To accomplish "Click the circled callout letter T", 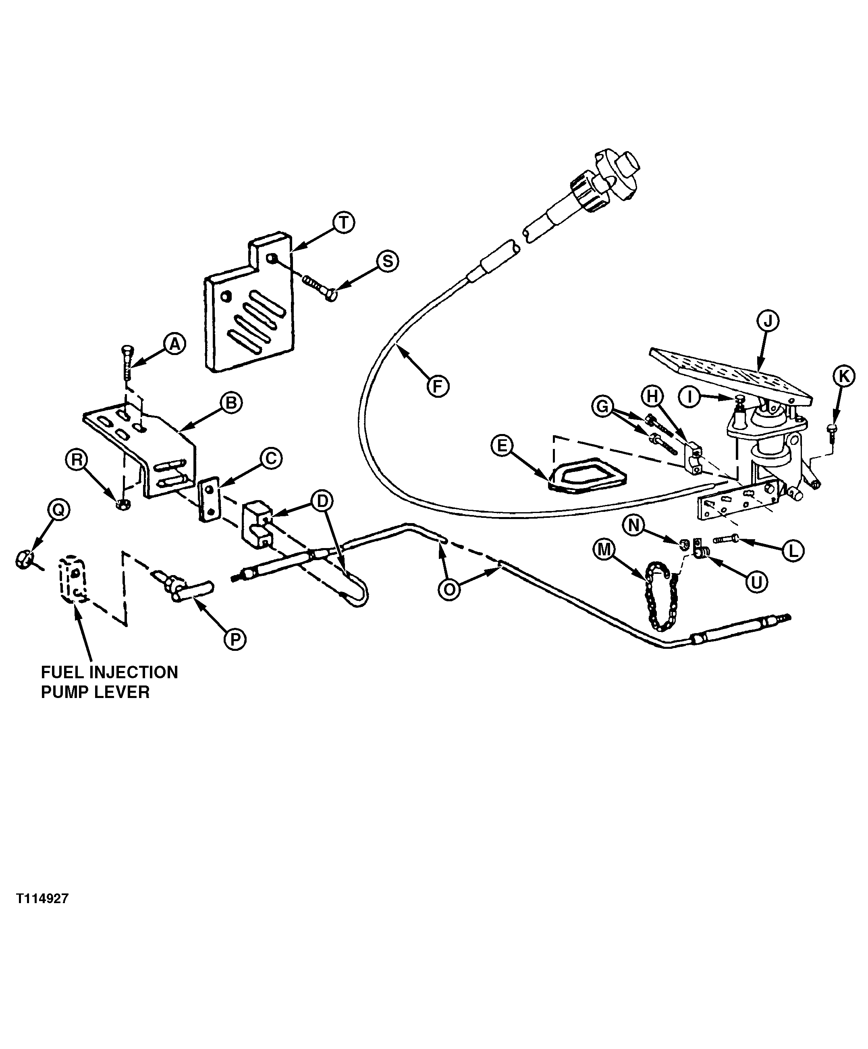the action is click(343, 223).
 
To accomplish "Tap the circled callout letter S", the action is click(388, 261).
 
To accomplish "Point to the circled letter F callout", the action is click(438, 386).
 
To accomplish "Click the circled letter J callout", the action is click(768, 321).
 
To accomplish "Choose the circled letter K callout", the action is click(843, 377).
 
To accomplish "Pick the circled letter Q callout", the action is click(58, 509).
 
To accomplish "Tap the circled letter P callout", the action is click(235, 638).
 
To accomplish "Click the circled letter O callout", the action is click(449, 590).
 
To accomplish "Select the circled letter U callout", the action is click(757, 582).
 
